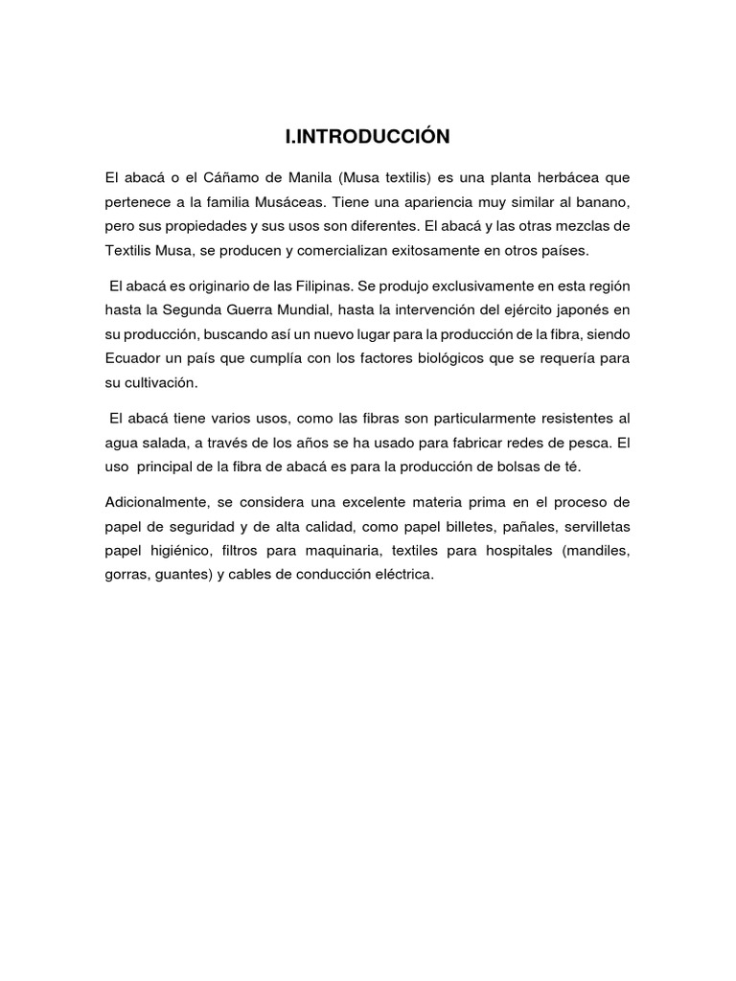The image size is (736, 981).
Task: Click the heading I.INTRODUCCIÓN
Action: point(367,138)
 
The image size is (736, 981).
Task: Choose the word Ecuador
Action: point(133,357)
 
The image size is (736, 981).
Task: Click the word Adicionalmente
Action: point(152,502)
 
